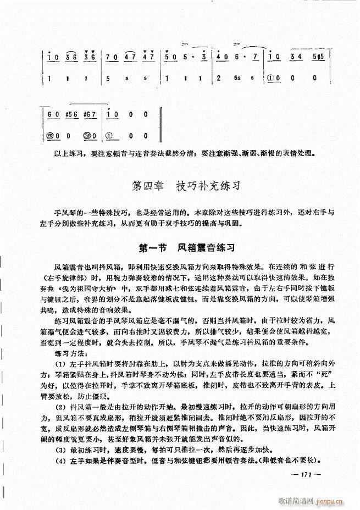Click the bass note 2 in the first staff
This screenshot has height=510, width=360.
[219, 78]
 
